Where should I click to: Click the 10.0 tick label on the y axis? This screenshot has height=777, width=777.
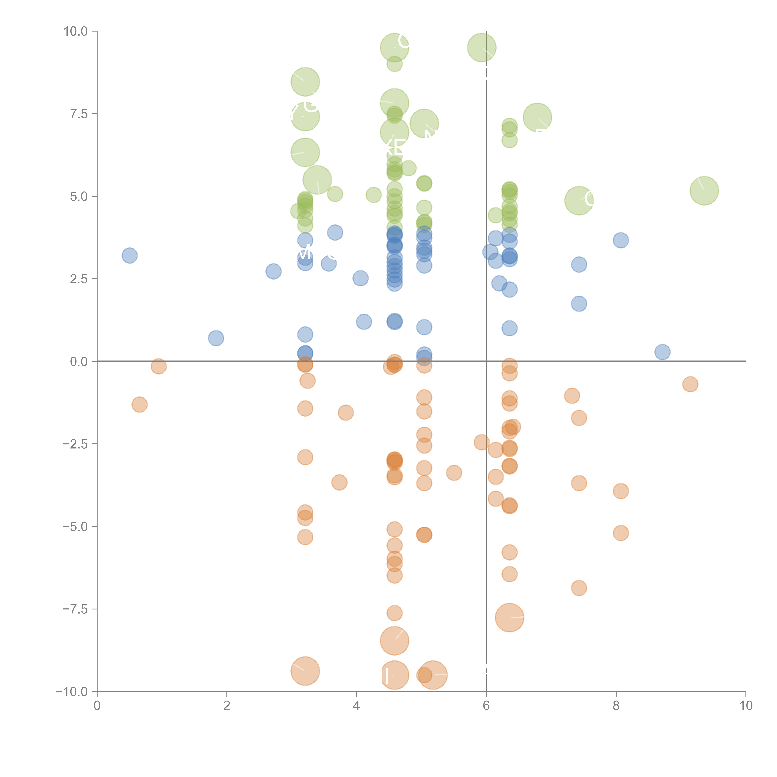[76, 31]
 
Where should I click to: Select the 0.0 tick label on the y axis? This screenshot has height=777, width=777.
[79, 362]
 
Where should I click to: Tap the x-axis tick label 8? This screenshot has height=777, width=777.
[616, 706]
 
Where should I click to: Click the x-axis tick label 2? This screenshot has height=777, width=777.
[227, 706]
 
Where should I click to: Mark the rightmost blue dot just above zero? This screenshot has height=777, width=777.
[662, 352]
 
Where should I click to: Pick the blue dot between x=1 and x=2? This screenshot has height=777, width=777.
[216, 338]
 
